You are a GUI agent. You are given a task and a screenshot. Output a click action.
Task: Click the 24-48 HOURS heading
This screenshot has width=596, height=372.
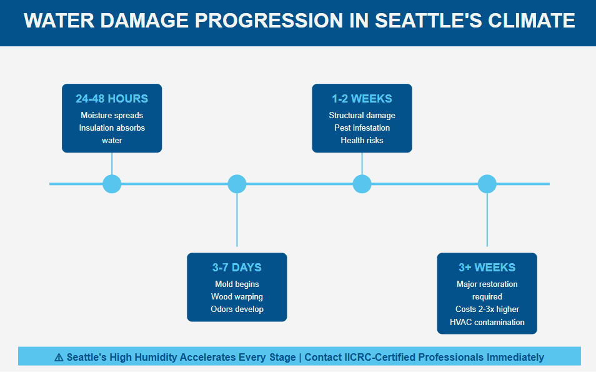click(112, 99)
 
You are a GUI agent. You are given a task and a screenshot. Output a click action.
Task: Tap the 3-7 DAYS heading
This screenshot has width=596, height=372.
click(237, 268)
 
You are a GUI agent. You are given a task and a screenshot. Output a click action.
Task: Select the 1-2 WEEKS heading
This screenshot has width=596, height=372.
click(362, 99)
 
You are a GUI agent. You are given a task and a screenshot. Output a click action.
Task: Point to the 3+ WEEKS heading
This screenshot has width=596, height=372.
click(487, 268)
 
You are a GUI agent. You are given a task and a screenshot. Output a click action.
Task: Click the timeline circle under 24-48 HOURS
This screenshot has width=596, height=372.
click(112, 184)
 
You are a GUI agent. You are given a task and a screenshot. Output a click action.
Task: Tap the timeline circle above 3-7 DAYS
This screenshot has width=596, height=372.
click(237, 184)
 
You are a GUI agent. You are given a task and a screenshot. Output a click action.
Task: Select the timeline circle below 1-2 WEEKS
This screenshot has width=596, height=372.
click(362, 184)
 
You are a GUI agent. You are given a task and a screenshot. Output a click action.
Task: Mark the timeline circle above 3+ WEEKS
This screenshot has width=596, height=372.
click(487, 184)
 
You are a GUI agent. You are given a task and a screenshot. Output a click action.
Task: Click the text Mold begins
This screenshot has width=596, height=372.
click(237, 284)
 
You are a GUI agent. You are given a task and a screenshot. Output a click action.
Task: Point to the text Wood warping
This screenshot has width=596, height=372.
click(237, 297)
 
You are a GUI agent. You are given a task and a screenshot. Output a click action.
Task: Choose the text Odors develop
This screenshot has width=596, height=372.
click(237, 309)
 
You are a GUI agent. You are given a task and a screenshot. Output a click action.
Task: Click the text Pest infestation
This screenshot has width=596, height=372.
click(362, 128)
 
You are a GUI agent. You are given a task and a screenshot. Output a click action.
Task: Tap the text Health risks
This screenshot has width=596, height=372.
click(362, 141)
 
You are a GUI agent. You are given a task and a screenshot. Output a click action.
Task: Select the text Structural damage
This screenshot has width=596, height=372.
click(362, 116)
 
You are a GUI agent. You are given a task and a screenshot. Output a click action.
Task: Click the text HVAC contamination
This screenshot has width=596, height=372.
click(487, 322)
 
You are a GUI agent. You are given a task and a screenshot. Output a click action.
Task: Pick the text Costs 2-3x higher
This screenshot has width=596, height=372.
click(487, 309)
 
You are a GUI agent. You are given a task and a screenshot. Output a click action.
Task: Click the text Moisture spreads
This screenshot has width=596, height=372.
click(112, 116)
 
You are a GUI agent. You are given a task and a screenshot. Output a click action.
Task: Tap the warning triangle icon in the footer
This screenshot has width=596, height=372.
click(59, 358)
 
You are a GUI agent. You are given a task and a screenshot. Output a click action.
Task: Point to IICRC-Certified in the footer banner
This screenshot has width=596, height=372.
click(380, 358)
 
